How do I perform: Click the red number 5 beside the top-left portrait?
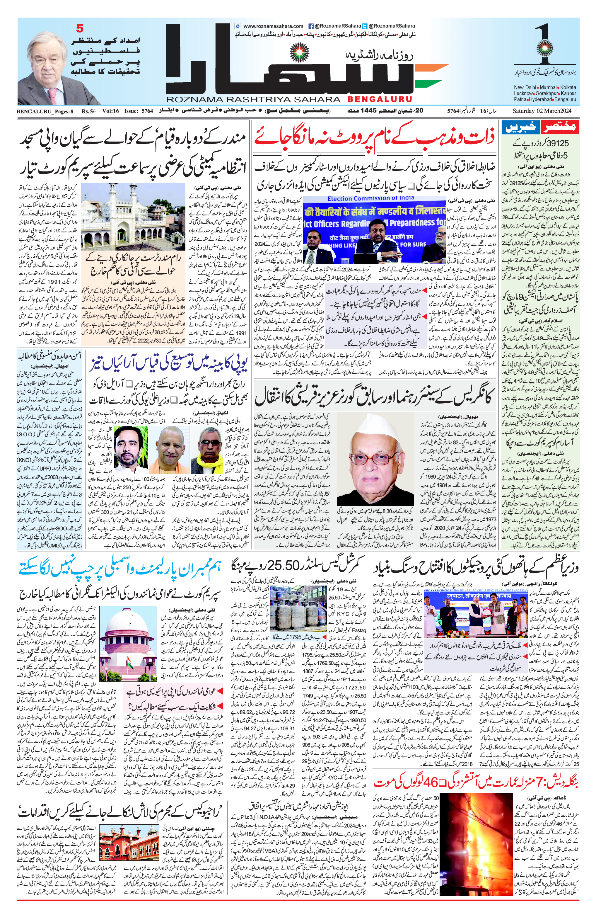pyautogui.click(x=80, y=28)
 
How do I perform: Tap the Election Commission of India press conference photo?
pyautogui.click(x=374, y=228)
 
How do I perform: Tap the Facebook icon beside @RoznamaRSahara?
pyautogui.click(x=311, y=26)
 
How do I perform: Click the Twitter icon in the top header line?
pyautogui.click(x=365, y=26)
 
